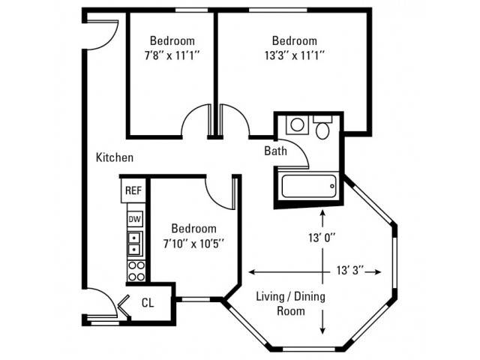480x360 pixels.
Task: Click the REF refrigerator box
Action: [133, 190]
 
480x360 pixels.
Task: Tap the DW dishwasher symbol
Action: [135, 219]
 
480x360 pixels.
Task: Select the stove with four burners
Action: [136, 271]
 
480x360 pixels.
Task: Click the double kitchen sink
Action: [135, 244]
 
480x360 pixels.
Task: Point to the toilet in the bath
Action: [322, 127]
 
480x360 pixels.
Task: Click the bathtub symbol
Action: [309, 186]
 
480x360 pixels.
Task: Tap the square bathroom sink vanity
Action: [297, 125]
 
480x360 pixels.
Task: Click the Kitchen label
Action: [115, 157]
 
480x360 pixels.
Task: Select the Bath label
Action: [275, 151]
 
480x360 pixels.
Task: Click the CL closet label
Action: [148, 303]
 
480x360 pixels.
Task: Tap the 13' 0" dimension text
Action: [322, 238]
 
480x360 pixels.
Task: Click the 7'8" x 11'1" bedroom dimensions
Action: [172, 56]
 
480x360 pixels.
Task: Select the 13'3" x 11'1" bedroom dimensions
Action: [295, 56]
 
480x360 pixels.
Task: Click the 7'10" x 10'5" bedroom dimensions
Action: [193, 244]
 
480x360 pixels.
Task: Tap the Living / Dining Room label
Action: [290, 304]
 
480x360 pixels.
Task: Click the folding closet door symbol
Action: [123, 307]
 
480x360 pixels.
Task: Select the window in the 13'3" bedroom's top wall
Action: [278, 10]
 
